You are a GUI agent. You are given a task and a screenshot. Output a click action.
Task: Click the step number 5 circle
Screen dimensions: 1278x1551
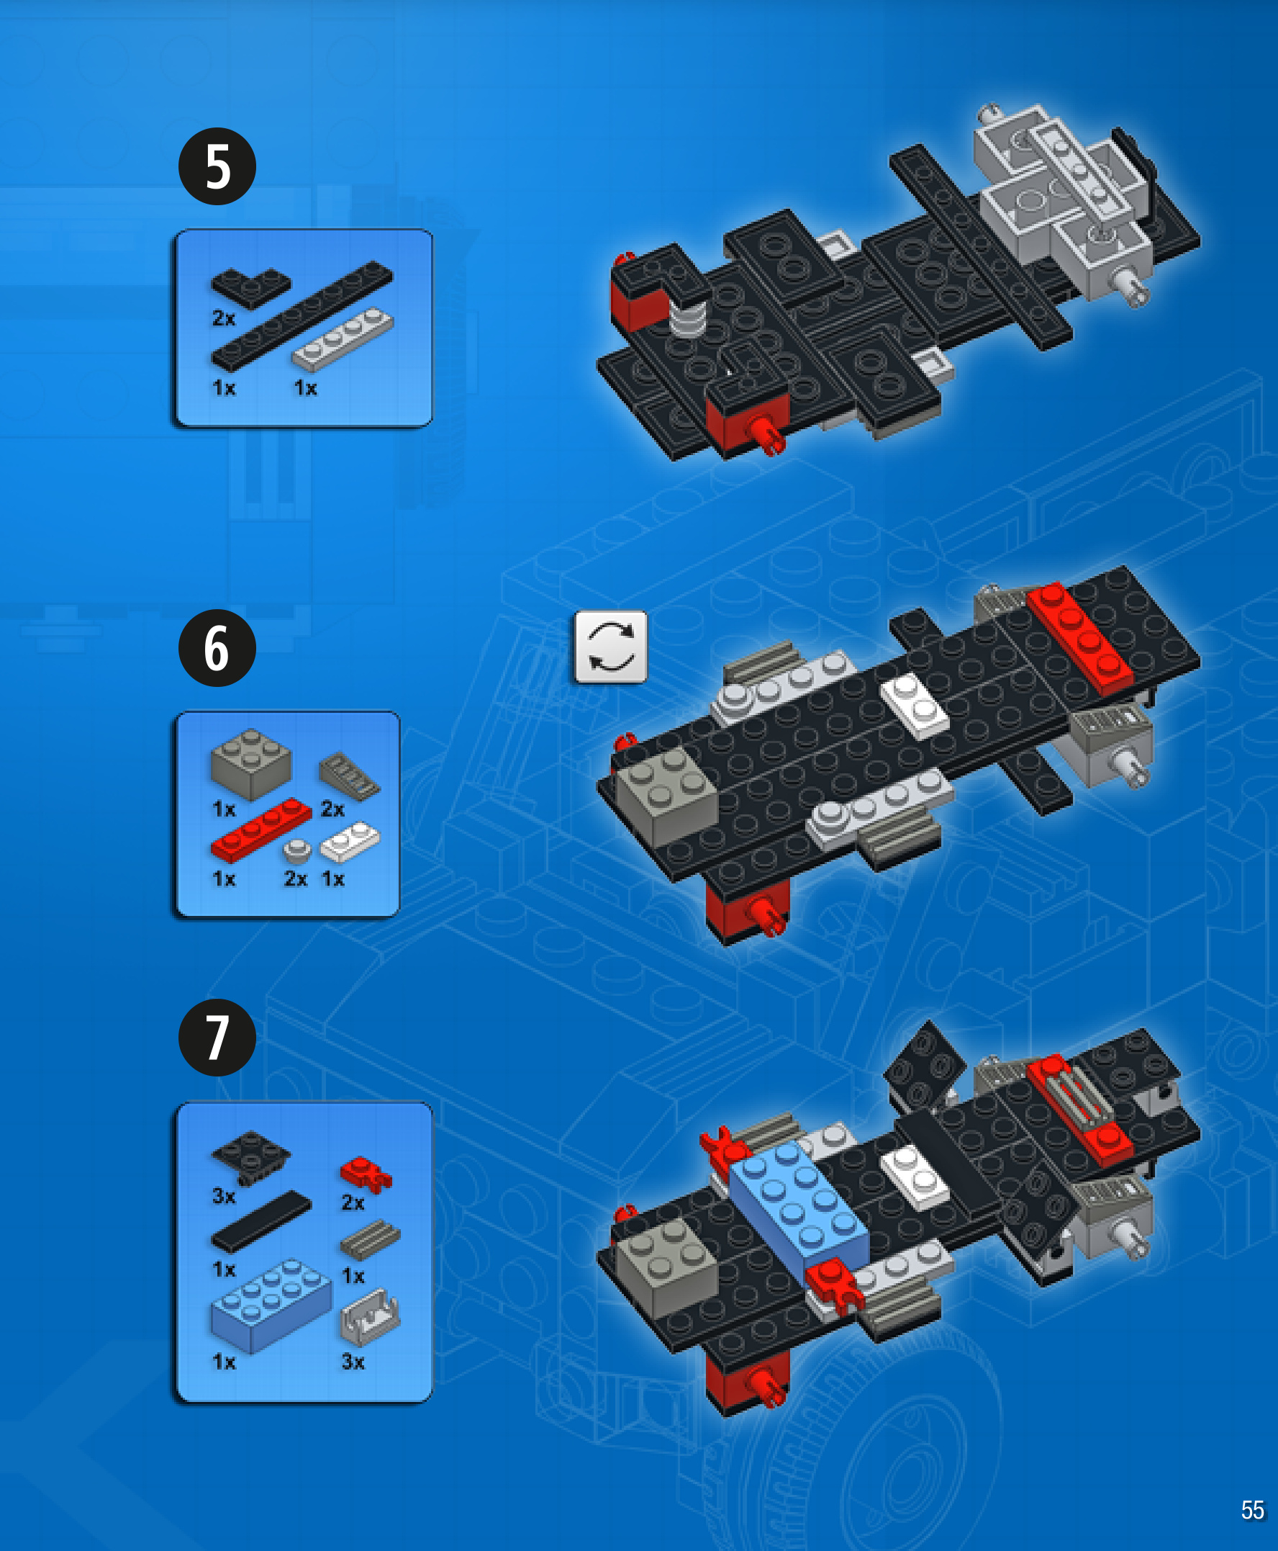[217, 166]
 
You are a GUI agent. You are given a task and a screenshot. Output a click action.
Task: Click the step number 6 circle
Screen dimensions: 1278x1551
[217, 648]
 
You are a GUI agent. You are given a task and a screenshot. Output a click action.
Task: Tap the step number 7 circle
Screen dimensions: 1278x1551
[217, 1038]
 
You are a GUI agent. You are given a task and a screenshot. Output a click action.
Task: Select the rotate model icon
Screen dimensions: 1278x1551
[611, 647]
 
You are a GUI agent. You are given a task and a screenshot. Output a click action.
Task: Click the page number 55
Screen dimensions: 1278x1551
[1252, 1510]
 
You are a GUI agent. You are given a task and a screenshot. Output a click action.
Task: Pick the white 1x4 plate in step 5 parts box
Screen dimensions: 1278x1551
[343, 338]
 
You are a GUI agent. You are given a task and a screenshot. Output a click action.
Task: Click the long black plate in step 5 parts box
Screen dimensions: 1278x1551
[302, 315]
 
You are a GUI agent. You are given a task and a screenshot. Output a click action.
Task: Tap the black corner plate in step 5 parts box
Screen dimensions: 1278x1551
[251, 287]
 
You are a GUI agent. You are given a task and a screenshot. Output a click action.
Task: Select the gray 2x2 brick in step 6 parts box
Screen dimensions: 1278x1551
[251, 765]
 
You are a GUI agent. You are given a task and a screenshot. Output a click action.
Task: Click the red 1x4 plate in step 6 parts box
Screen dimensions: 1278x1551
[261, 830]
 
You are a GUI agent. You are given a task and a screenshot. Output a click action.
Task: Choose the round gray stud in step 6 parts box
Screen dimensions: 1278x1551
[296, 851]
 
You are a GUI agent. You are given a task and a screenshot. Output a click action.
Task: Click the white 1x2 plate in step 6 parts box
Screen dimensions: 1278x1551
[350, 842]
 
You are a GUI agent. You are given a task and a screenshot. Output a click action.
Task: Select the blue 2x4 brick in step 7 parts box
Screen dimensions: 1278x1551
[271, 1305]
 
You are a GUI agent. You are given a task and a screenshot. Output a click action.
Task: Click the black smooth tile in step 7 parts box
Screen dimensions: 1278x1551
[261, 1221]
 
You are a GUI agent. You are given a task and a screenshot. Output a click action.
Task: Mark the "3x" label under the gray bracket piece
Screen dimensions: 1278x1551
[353, 1362]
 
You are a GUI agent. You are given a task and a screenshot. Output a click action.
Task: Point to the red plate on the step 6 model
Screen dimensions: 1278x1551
[1079, 638]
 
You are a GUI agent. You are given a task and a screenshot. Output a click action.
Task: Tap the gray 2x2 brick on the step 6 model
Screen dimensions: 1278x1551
[667, 796]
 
